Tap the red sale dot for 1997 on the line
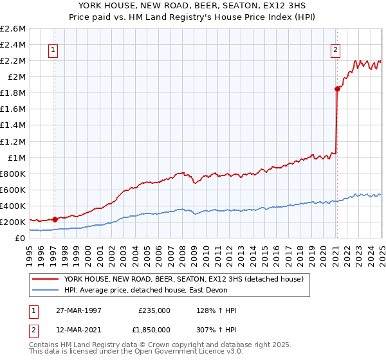click(55, 219)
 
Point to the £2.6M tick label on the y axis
click(13, 29)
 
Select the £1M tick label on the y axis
click(17, 157)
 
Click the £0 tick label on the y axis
click(21, 238)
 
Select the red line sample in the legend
click(46, 278)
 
